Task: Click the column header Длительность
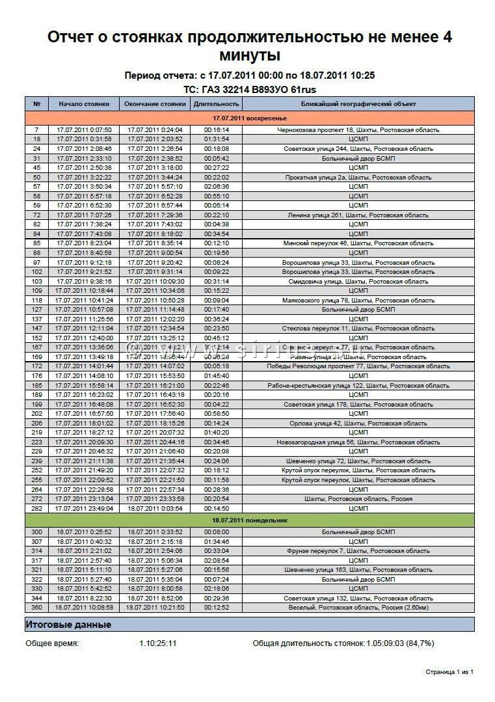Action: tap(217, 104)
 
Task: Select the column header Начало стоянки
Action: tap(84, 104)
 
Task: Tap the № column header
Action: tap(36, 104)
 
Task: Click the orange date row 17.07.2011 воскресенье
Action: tap(250, 118)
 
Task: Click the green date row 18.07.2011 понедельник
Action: tap(250, 520)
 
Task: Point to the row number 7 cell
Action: tap(36, 130)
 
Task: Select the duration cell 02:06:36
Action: tap(217, 187)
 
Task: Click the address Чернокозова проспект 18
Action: tap(358, 130)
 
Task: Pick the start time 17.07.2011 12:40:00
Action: tap(84, 338)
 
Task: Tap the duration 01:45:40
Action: tap(217, 376)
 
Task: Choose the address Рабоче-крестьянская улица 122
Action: tap(358, 386)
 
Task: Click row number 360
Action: tap(36, 608)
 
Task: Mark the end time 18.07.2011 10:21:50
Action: tap(155, 608)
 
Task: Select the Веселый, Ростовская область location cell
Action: tap(358, 608)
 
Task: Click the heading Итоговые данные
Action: tap(68, 625)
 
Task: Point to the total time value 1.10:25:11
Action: tap(158, 643)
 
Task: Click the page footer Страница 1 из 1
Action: tap(449, 671)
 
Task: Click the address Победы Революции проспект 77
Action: tap(358, 366)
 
